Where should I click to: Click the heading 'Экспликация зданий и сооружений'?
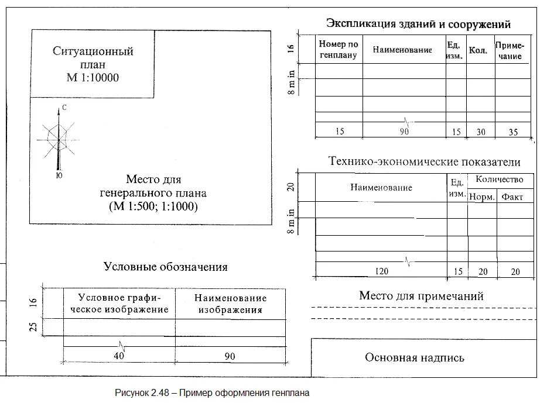[x=418, y=24]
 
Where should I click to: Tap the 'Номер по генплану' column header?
[x=338, y=50]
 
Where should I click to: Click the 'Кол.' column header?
[x=478, y=51]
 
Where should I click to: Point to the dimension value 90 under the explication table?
[x=404, y=132]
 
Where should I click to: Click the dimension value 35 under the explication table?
[x=513, y=132]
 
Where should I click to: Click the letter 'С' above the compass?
[x=64, y=107]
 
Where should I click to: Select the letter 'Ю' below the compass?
[x=59, y=174]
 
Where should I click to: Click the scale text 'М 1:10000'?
[x=93, y=78]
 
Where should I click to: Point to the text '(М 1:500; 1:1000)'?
[x=153, y=207]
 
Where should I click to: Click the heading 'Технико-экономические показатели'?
[x=424, y=162]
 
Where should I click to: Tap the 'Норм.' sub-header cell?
[x=481, y=197]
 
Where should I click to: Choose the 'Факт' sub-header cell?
[x=512, y=197]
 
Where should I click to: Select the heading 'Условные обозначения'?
[x=165, y=267]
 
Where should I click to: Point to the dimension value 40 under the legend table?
[x=119, y=356]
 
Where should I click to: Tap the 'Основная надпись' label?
[x=414, y=357]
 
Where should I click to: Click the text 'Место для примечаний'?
[x=420, y=296]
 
